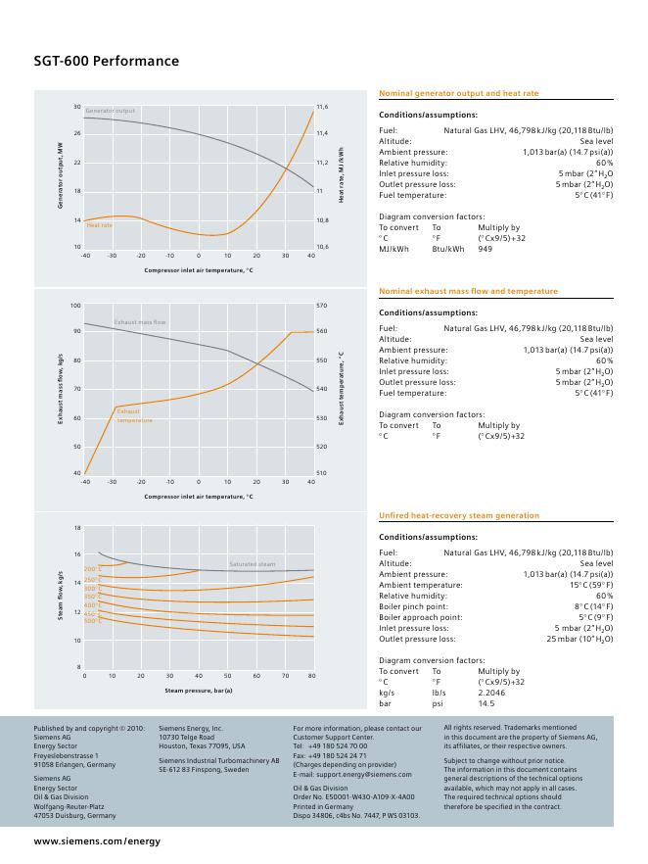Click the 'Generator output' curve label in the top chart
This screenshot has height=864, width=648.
(110, 111)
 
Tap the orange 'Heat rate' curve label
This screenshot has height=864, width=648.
(99, 225)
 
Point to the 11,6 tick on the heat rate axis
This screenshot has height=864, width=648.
(322, 106)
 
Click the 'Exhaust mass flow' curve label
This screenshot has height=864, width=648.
(140, 322)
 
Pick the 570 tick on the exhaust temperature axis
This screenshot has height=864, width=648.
(321, 306)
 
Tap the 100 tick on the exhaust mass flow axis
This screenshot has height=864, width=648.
(75, 306)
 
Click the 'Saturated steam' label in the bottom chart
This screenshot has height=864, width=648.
(252, 564)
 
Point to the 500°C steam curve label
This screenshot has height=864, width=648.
(92, 621)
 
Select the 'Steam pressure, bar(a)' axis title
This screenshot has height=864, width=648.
(199, 691)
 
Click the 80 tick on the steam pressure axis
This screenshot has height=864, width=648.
(311, 676)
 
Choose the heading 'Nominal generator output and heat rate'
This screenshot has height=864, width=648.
(458, 93)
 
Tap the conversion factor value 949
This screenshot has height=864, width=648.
(485, 249)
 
